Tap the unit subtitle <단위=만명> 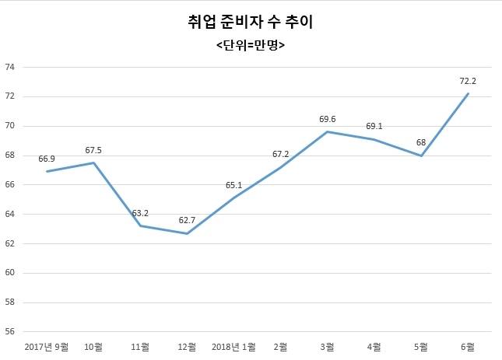(251, 45)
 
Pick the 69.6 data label (328, 119)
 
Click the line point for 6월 (468, 94)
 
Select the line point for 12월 (187, 233)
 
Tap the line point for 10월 (93, 163)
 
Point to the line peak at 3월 (328, 131)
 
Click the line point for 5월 (421, 156)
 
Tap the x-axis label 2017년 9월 (46, 346)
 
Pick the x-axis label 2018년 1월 (233, 346)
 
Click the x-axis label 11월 (140, 346)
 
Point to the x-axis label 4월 (374, 346)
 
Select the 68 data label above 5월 (421, 142)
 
